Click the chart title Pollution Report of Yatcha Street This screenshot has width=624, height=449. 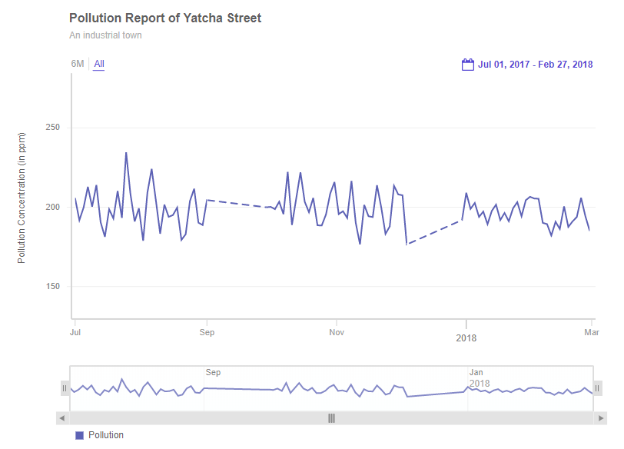pyautogui.click(x=165, y=18)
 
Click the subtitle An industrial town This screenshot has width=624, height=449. pyautogui.click(x=105, y=35)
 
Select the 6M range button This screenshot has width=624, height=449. pyautogui.click(x=78, y=64)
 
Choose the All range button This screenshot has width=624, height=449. pyautogui.click(x=99, y=64)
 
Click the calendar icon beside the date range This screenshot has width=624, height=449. pyautogui.click(x=467, y=65)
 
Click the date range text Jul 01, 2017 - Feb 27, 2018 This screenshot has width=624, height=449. pyautogui.click(x=535, y=65)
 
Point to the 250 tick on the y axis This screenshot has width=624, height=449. pyautogui.click(x=55, y=128)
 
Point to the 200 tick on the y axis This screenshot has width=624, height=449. pyautogui.click(x=55, y=208)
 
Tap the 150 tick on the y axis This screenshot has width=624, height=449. pyautogui.click(x=55, y=287)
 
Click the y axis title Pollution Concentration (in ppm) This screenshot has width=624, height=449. pyautogui.click(x=22, y=198)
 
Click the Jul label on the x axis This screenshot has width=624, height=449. pyautogui.click(x=75, y=332)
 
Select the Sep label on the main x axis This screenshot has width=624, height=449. pyautogui.click(x=206, y=332)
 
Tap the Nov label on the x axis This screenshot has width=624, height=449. pyautogui.click(x=336, y=332)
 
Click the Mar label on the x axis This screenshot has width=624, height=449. pyautogui.click(x=591, y=332)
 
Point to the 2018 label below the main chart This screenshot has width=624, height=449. pyautogui.click(x=466, y=338)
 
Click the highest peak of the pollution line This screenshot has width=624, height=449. pyautogui.click(x=126, y=153)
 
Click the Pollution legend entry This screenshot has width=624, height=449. pyautogui.click(x=100, y=435)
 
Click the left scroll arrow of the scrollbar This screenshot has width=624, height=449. pyautogui.click(x=63, y=418)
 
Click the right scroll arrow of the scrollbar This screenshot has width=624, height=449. pyautogui.click(x=601, y=418)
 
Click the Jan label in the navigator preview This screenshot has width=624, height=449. pyautogui.click(x=476, y=372)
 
